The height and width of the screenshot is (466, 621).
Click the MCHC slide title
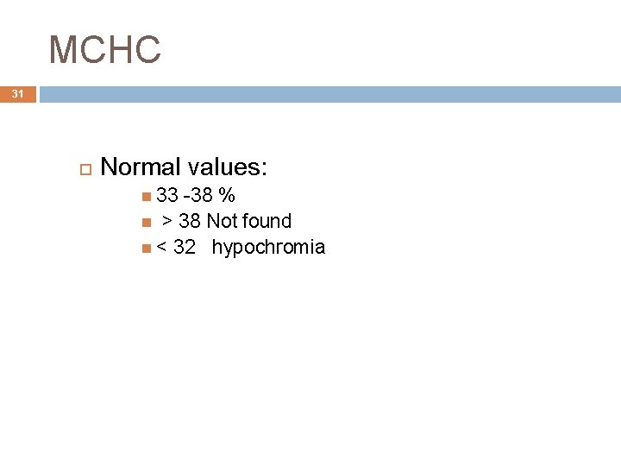(x=105, y=50)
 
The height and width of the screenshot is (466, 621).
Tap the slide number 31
(x=18, y=94)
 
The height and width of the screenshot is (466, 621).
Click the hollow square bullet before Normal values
(x=85, y=167)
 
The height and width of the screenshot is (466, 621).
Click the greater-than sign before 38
(x=167, y=222)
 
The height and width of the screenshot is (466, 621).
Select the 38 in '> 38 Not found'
(x=190, y=222)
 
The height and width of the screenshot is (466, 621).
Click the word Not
(x=223, y=222)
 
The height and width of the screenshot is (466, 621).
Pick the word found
(x=267, y=222)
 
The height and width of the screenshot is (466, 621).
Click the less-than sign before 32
(x=161, y=249)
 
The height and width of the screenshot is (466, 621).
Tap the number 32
(x=185, y=249)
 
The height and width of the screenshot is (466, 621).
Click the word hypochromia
(x=268, y=249)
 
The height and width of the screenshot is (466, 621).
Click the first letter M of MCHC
(x=62, y=50)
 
